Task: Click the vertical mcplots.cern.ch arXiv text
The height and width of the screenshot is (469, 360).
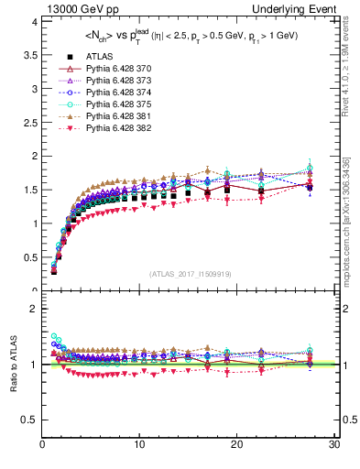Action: tap(351, 219)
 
